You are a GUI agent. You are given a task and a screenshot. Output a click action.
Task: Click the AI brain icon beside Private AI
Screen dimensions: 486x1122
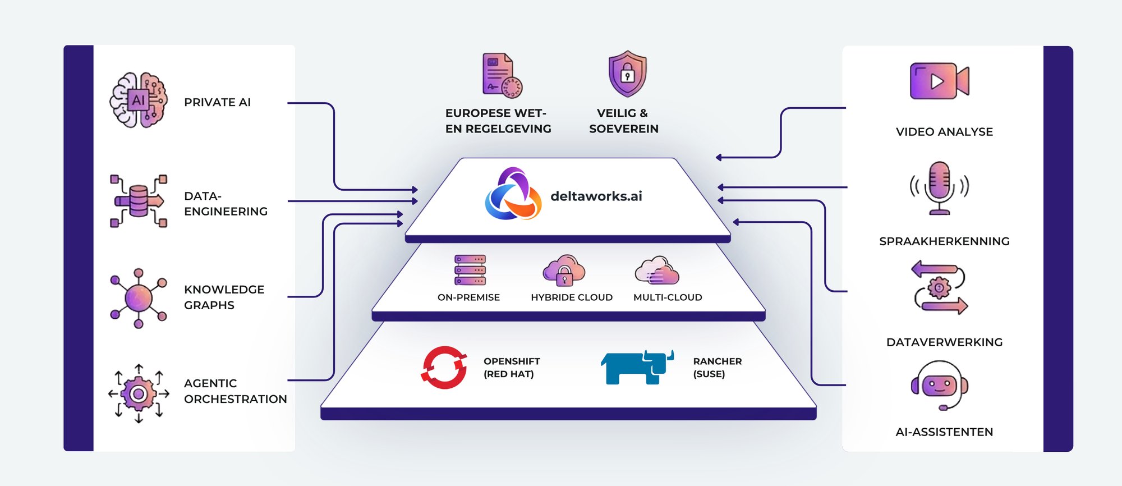click(138, 100)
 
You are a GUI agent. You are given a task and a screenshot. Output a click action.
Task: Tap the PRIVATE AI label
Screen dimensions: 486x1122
click(217, 102)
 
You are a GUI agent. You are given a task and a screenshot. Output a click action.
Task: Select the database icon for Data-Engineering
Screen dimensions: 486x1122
click(138, 201)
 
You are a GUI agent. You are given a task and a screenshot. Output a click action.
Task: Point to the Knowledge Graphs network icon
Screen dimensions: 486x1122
click(138, 298)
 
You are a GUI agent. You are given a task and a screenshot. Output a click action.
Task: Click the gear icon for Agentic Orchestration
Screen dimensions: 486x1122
click(138, 393)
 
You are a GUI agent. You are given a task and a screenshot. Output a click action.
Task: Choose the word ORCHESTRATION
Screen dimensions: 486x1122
click(235, 399)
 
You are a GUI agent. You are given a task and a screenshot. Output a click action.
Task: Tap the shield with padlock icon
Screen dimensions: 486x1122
click(627, 74)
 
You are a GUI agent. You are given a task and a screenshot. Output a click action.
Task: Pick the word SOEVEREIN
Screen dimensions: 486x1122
click(623, 129)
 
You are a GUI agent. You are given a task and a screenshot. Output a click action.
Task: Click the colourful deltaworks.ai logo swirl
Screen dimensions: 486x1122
click(512, 194)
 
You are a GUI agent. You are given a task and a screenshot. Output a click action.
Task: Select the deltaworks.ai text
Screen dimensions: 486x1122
click(596, 196)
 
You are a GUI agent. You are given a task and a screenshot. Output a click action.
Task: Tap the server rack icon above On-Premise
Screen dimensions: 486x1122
click(470, 270)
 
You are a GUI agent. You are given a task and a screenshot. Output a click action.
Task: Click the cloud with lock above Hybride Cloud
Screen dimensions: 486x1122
click(564, 270)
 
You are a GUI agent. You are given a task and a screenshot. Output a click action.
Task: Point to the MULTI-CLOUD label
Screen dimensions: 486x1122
click(667, 297)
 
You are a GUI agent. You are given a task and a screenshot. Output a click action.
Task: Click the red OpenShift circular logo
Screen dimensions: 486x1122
click(444, 367)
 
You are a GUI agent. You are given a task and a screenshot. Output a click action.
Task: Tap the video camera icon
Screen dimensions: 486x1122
click(939, 81)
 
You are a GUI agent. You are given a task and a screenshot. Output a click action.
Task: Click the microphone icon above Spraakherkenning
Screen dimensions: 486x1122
click(939, 187)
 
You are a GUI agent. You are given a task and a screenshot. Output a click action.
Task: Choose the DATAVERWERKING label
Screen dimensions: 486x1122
click(944, 342)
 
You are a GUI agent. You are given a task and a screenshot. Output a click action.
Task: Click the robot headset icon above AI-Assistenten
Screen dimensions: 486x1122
click(939, 386)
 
